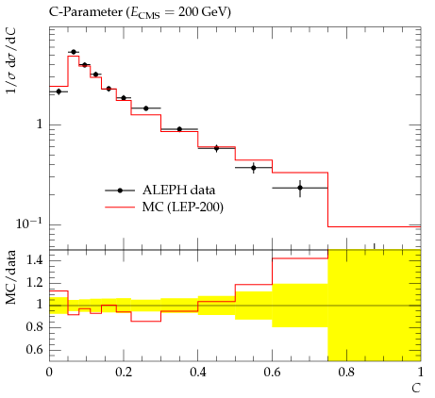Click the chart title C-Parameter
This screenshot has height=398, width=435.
[85, 12]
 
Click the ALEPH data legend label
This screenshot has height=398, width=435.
[178, 191]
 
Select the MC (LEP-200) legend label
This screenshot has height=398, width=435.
[183, 207]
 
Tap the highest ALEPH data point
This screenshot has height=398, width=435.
[74, 52]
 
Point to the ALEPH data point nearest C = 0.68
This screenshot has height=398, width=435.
[300, 188]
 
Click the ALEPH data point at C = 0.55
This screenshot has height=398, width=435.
[254, 168]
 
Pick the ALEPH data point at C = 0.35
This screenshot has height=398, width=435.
[179, 129]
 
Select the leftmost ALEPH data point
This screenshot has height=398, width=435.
[59, 91]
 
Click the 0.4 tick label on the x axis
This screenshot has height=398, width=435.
[198, 373]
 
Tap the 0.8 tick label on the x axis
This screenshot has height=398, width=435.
[346, 373]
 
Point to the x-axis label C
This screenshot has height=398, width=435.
[416, 389]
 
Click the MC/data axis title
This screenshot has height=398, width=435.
[11, 277]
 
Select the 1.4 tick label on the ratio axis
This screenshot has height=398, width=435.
[35, 260]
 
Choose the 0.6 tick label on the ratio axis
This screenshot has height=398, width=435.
[35, 350]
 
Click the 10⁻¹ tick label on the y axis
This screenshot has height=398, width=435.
[29, 224]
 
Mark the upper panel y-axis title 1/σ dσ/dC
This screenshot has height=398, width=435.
[11, 60]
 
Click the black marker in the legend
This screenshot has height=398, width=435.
[120, 191]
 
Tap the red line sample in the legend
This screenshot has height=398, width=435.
[120, 207]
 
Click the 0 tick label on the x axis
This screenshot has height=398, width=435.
[49, 373]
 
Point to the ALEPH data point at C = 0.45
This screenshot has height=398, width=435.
[216, 148]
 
